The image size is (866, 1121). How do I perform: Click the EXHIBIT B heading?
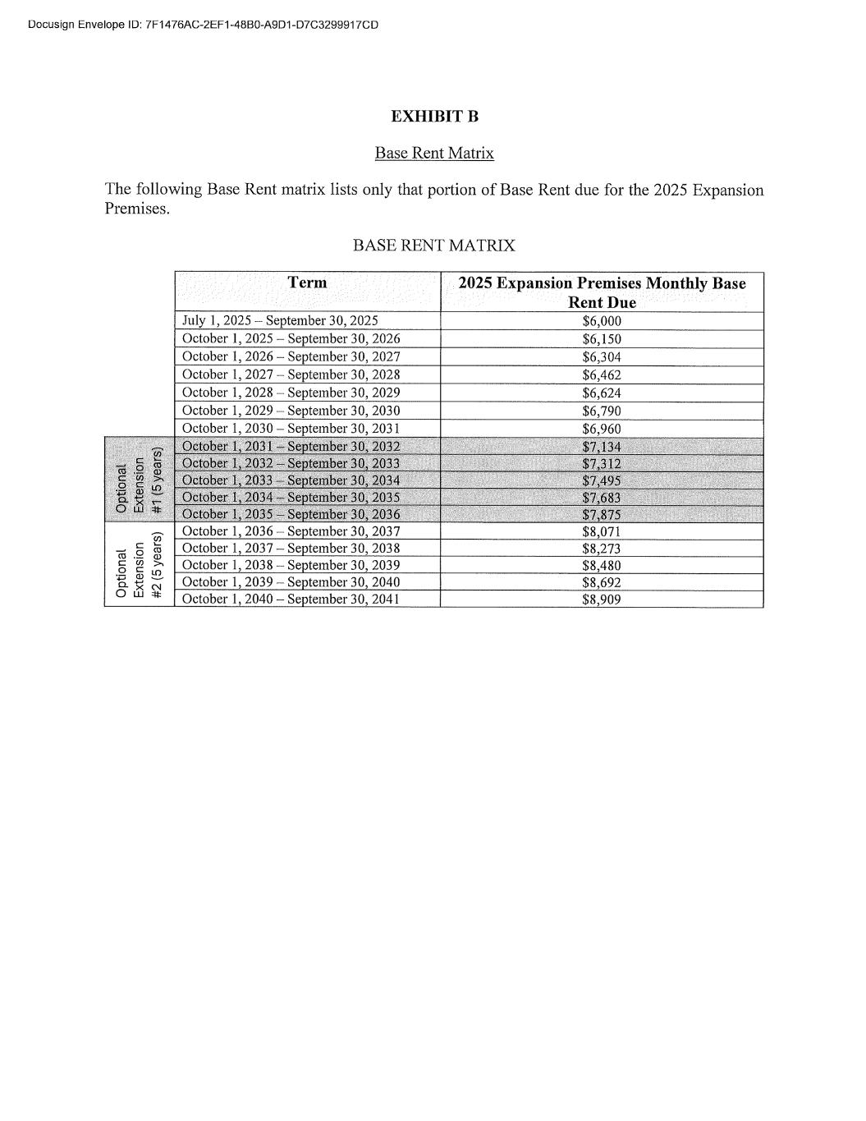coord(434,117)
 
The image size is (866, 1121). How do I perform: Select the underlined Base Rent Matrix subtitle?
coord(434,154)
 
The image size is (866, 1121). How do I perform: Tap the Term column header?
coord(307,283)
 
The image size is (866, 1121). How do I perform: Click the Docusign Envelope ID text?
coord(203,25)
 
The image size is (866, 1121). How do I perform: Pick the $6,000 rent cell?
coord(602,321)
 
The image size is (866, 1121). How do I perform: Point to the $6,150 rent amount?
coord(602,339)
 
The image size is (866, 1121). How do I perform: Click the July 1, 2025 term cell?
coord(280,321)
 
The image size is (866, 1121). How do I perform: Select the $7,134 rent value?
coord(602,447)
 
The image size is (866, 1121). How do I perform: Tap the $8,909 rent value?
coord(602,600)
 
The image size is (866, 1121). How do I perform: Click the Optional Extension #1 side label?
coord(140,480)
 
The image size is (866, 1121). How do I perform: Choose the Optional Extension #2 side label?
coord(140,565)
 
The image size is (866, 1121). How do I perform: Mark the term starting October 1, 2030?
coord(291,429)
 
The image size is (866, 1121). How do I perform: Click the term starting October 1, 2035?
coord(291,515)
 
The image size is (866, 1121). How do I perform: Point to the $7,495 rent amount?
coord(602,481)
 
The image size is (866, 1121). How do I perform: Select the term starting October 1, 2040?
coord(291,600)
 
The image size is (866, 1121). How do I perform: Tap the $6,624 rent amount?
coord(602,393)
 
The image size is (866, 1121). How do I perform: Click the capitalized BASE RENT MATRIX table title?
coord(433,246)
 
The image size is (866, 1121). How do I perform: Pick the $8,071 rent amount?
coord(602,532)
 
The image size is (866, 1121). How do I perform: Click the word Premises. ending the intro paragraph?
coord(137,209)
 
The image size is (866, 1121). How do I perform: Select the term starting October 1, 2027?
coord(291,374)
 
